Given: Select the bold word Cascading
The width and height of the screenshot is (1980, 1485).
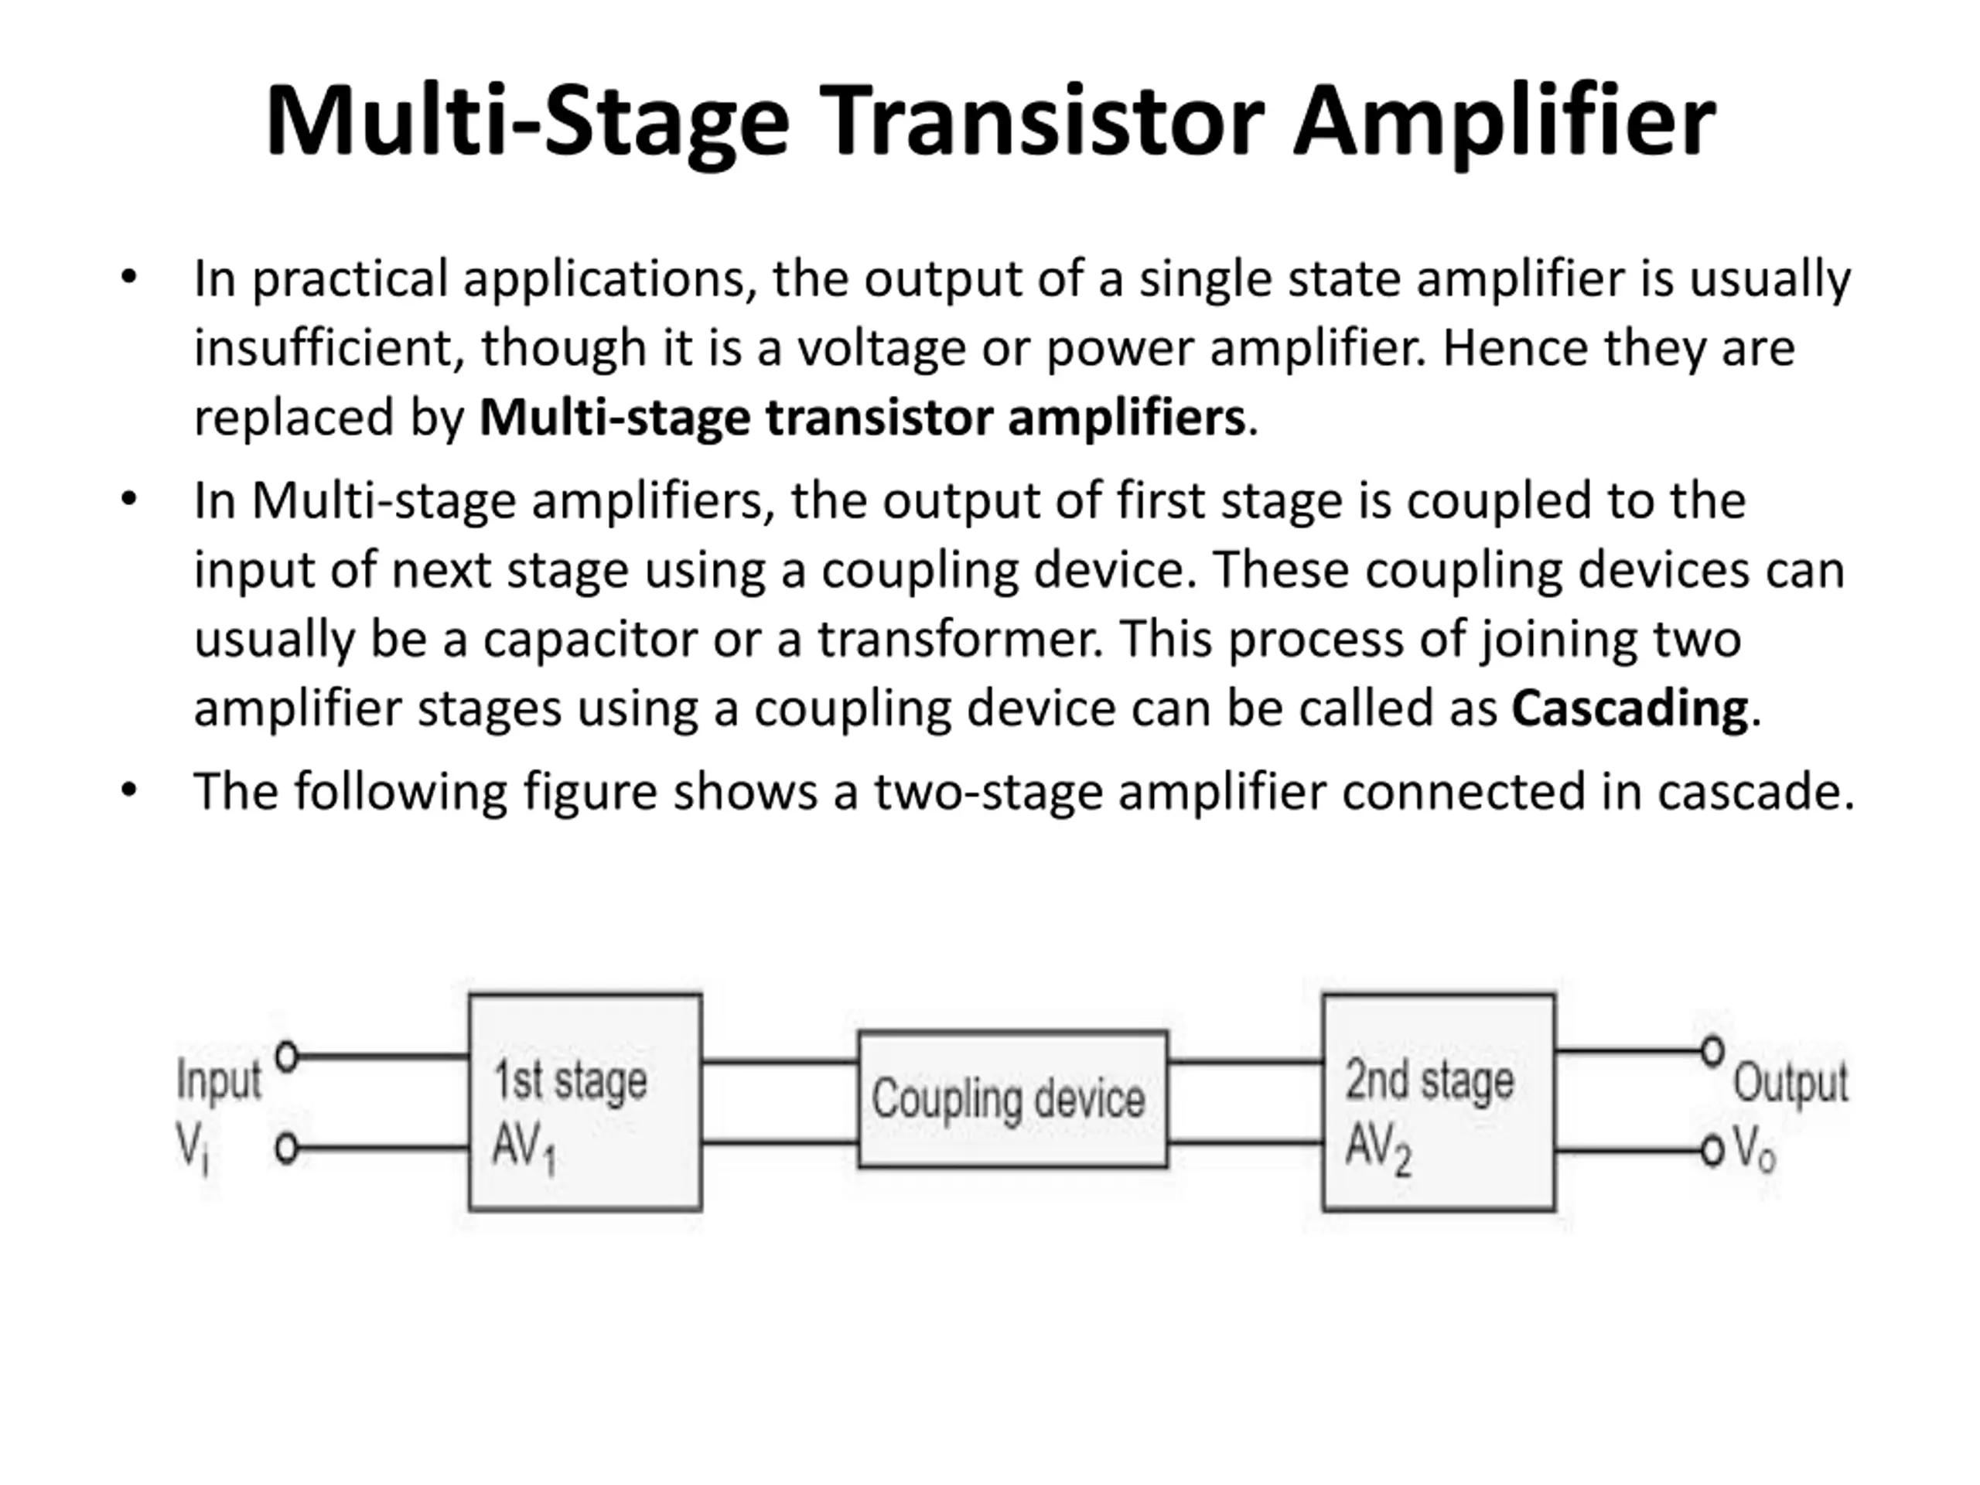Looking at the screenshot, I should (1629, 708).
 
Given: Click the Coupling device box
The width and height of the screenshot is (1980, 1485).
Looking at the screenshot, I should (1012, 1099).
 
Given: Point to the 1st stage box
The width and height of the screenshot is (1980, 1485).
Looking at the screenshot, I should (585, 1102).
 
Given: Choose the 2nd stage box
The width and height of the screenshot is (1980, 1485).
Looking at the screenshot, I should (1439, 1102).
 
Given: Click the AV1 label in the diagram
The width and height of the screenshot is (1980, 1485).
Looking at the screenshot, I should (524, 1148).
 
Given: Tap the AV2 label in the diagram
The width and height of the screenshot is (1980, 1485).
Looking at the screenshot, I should (1377, 1148).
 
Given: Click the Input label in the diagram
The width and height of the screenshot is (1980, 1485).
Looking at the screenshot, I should (218, 1080).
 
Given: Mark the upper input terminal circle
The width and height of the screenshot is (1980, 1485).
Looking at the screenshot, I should (286, 1057).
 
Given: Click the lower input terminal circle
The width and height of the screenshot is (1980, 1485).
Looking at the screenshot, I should (286, 1149).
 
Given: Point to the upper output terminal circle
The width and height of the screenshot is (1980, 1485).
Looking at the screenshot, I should (1712, 1051).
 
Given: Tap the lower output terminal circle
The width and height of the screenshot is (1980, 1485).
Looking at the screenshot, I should (1712, 1150).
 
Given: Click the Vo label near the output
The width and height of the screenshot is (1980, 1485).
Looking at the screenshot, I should (1753, 1149).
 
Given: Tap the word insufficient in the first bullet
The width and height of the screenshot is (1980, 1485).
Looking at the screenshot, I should (329, 347).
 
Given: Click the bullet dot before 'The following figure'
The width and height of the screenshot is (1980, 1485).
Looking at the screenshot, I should (129, 790).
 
